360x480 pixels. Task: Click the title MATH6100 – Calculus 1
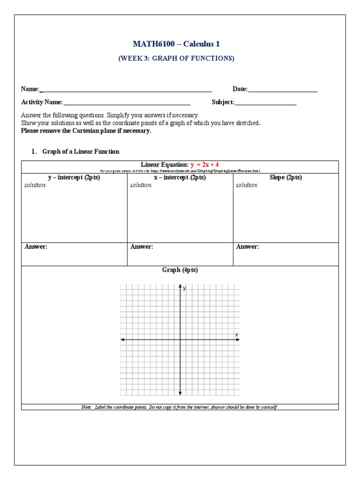(176, 44)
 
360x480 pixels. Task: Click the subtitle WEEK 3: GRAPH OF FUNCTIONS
(176, 59)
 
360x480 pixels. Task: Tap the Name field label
(30, 89)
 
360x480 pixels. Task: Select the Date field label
(240, 89)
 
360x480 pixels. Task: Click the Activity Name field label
(42, 102)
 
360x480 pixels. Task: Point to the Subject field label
(223, 102)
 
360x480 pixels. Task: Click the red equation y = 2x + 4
(204, 165)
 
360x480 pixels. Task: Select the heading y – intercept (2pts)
(74, 178)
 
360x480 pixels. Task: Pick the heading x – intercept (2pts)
(180, 178)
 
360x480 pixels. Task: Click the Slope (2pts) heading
(285, 178)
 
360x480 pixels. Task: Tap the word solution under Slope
(247, 185)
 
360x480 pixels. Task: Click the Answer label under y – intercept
(36, 247)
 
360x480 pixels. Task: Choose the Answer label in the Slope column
(247, 247)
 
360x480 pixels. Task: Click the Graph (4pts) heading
(180, 270)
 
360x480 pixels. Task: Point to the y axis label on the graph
(185, 288)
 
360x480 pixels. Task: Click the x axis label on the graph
(236, 334)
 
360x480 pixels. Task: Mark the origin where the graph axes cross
(180, 339)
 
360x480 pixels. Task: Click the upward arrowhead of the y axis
(180, 286)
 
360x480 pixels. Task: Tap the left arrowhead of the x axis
(123, 339)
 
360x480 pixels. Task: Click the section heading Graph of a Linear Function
(81, 151)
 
